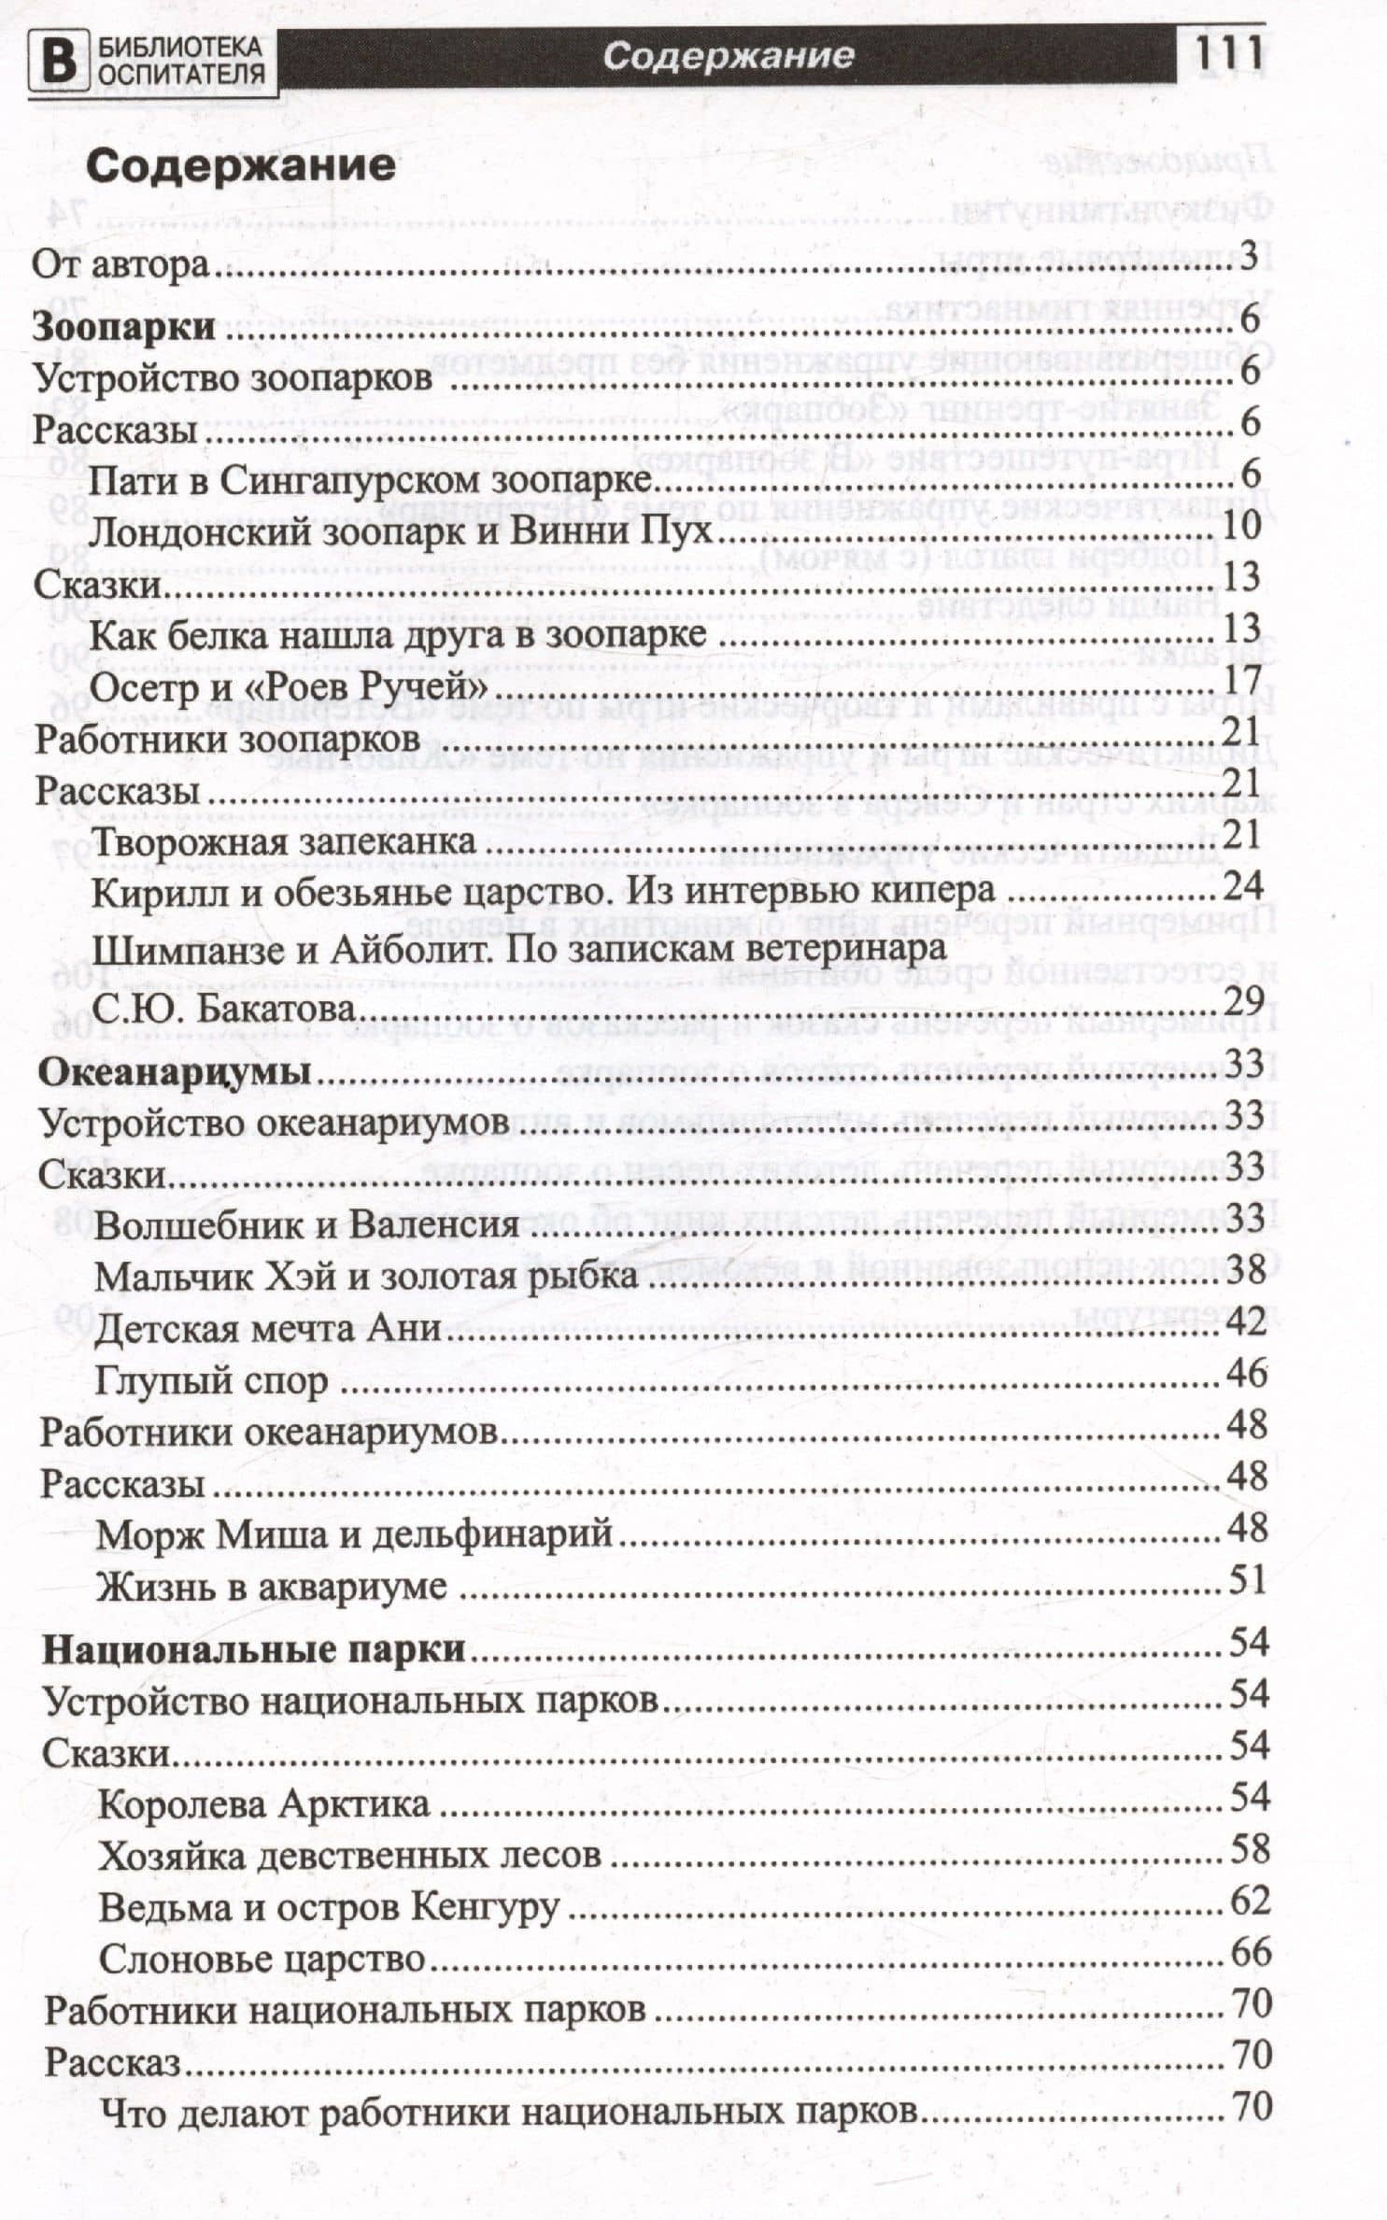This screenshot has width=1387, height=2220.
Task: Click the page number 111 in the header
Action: click(x=1227, y=55)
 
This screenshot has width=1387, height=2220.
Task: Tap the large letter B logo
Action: click(x=58, y=61)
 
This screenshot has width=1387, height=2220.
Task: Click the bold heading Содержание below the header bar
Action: click(x=241, y=167)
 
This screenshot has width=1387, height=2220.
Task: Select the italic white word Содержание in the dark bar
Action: click(x=728, y=57)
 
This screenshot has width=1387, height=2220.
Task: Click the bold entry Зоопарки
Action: click(x=124, y=328)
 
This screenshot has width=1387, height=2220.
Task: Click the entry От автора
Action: click(x=120, y=265)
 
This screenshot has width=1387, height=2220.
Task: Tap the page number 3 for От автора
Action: click(x=1250, y=257)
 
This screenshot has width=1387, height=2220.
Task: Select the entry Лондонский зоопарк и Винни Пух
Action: click(x=402, y=532)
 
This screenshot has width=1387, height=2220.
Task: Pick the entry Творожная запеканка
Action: click(x=284, y=841)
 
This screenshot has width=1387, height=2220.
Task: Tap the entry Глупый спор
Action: click(x=211, y=1380)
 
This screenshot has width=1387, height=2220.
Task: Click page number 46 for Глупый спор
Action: click(x=1246, y=1373)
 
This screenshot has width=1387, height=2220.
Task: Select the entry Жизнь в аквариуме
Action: click(x=271, y=1587)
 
